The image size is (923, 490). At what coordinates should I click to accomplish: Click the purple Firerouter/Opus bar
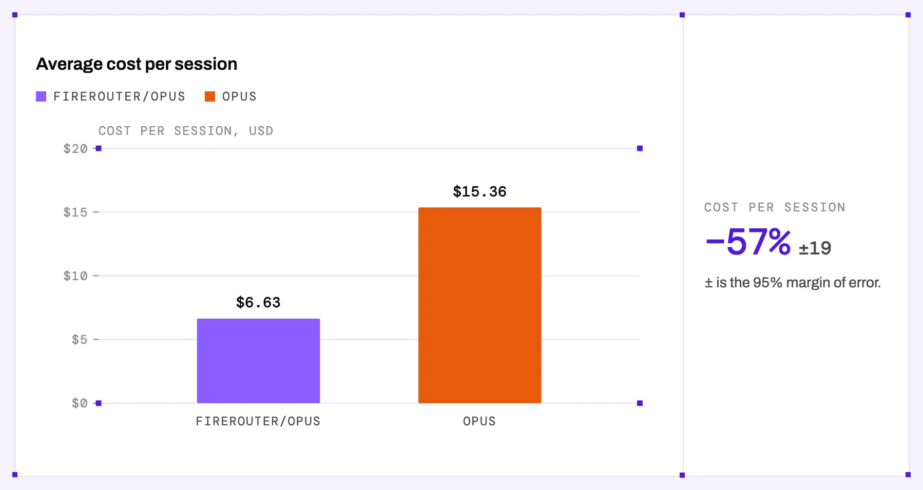(258, 361)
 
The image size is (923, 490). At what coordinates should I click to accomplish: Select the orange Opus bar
(479, 305)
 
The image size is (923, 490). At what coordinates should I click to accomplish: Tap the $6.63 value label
(258, 302)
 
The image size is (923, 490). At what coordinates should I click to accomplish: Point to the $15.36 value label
(479, 191)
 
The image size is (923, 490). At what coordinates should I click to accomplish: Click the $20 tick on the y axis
(75, 149)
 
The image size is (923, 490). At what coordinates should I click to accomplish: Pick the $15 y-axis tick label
(75, 212)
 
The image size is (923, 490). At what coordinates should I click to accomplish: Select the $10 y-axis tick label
(75, 276)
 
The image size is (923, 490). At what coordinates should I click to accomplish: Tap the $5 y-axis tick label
(80, 340)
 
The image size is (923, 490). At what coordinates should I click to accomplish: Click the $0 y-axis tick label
(80, 403)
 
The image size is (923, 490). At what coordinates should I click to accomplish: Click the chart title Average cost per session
(137, 64)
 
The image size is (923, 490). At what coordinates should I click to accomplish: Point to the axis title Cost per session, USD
(186, 131)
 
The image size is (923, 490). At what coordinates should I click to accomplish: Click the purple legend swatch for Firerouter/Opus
(41, 96)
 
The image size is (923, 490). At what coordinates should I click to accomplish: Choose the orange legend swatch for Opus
(210, 96)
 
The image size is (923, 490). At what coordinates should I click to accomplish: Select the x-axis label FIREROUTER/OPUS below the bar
(258, 421)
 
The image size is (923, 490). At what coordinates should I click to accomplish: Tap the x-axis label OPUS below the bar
(479, 421)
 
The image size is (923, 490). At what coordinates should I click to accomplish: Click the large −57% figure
(748, 242)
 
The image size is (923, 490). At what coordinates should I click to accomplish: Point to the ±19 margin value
(815, 248)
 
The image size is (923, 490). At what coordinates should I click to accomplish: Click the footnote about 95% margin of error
(793, 283)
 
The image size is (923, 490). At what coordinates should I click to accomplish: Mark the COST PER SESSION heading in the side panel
(775, 207)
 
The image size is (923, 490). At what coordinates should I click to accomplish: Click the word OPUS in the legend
(239, 96)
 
